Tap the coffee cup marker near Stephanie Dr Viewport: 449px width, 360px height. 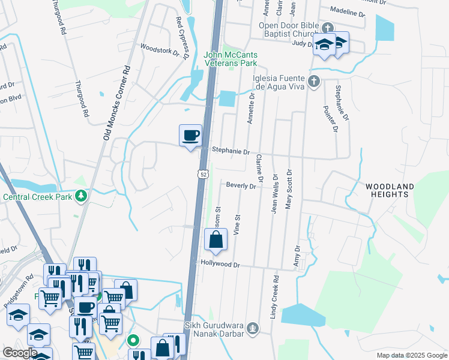coord(191,135)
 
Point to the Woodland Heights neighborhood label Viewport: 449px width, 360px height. coord(390,191)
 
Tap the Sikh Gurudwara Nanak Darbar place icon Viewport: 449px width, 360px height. coord(253,328)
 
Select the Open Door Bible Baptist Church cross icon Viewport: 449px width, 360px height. coord(327,28)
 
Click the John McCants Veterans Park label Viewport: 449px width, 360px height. coord(231,58)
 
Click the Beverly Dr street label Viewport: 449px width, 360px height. coord(241,186)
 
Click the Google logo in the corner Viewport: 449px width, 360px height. coord(19,353)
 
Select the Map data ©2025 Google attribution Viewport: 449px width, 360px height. coord(411,355)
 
